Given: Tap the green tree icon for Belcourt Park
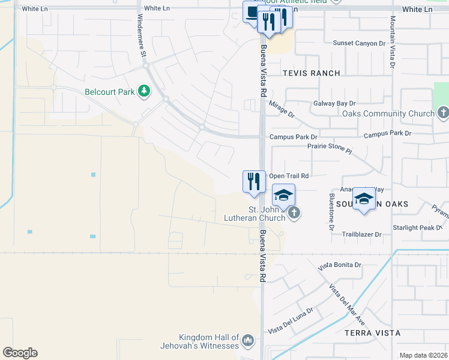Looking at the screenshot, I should click(x=144, y=91).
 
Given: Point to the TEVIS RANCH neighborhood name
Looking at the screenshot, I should click(x=312, y=73).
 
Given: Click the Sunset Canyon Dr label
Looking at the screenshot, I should click(x=359, y=43).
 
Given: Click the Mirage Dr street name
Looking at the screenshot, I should click(x=282, y=110).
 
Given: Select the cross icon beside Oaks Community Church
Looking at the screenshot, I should click(x=442, y=113).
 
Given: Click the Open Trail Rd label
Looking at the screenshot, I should click(x=289, y=176).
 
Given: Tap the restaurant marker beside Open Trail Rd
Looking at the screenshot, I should click(x=254, y=182).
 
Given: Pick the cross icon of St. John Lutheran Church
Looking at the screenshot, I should click(x=294, y=213).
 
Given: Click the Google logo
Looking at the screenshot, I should click(x=20, y=353).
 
